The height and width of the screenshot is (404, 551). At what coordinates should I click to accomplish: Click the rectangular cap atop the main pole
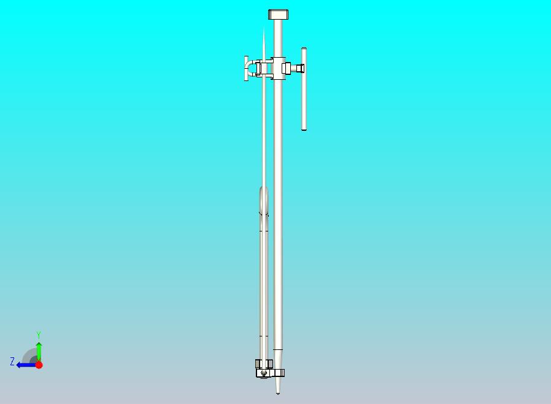[279, 14]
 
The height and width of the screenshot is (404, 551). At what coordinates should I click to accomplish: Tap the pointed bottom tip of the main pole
[277, 394]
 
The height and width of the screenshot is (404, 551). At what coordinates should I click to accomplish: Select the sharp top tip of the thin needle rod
[264, 27]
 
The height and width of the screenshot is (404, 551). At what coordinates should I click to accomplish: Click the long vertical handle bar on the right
[304, 89]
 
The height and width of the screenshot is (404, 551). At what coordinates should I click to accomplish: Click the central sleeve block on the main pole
[278, 68]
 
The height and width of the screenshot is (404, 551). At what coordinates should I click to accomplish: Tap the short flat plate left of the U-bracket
[246, 68]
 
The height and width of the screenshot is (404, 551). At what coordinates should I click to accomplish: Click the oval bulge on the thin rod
[264, 200]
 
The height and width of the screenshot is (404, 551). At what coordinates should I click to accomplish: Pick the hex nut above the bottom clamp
[264, 363]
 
